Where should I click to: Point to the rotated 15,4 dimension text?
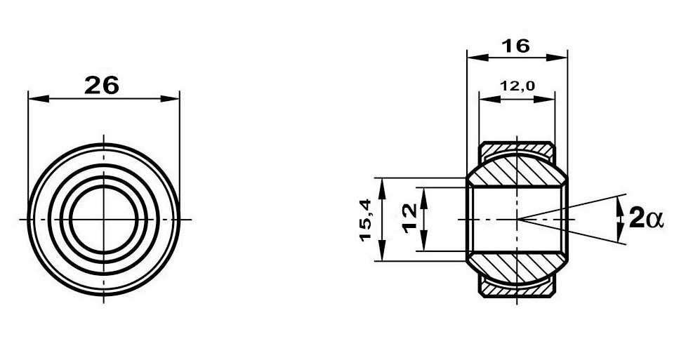pos(365,220)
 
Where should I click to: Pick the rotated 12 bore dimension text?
pos(410,219)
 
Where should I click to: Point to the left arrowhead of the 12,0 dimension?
pos(484,98)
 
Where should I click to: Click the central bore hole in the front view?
pos(103,220)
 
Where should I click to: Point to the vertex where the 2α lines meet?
pos(517,220)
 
